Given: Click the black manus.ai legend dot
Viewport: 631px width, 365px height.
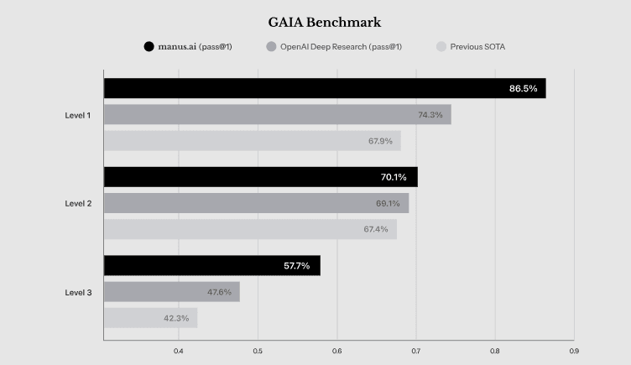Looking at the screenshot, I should click(149, 47).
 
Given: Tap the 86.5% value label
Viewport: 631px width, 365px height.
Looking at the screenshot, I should click(523, 88).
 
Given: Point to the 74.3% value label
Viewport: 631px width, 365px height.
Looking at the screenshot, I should click(430, 115).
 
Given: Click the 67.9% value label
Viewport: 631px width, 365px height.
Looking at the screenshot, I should click(380, 141).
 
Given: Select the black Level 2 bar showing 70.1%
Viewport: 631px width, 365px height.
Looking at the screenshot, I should click(260, 177).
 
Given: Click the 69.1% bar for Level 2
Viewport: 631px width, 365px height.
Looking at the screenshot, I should click(256, 203).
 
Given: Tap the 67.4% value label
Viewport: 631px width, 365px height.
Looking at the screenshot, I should click(376, 229).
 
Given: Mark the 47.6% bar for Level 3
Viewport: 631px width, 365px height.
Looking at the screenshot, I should click(171, 292).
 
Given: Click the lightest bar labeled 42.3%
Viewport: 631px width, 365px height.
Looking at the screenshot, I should click(150, 318).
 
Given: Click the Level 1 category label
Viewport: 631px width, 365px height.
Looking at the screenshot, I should click(78, 115).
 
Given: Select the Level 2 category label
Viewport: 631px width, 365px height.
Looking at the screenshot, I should click(78, 203).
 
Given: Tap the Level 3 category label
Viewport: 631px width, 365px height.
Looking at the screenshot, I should click(78, 292).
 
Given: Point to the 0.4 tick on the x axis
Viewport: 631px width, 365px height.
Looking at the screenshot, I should click(179, 351).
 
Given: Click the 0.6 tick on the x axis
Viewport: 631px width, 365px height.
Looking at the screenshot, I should click(337, 351).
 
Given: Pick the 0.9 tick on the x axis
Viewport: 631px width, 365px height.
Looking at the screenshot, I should click(574, 351).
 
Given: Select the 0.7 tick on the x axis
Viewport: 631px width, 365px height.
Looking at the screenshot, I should click(416, 351).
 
